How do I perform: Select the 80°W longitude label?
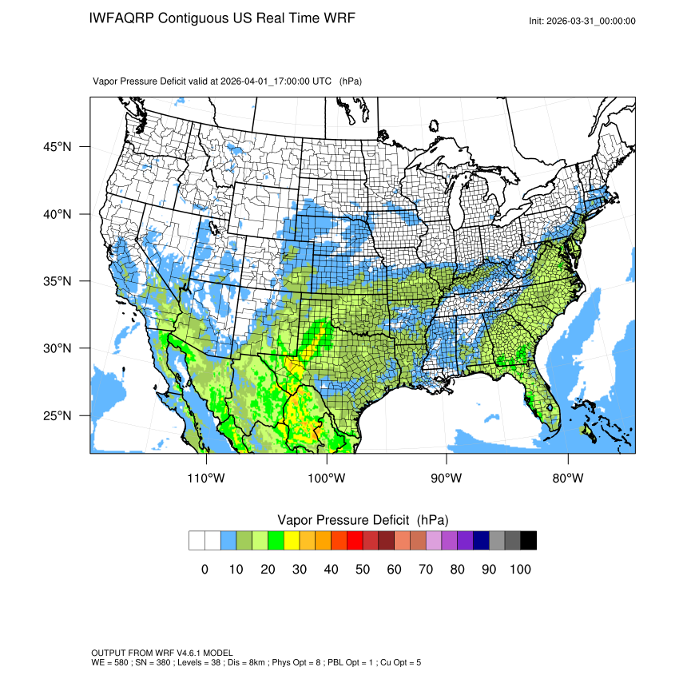(568, 478)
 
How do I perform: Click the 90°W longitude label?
(447, 478)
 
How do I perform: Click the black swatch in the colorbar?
(528, 541)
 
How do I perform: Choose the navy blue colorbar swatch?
(481, 541)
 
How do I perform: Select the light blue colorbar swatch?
(228, 541)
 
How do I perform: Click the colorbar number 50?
(363, 570)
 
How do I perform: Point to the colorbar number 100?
(520, 570)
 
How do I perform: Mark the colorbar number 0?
(204, 570)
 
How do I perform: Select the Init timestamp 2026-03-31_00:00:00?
(592, 21)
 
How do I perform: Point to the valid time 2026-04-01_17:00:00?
(264, 81)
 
